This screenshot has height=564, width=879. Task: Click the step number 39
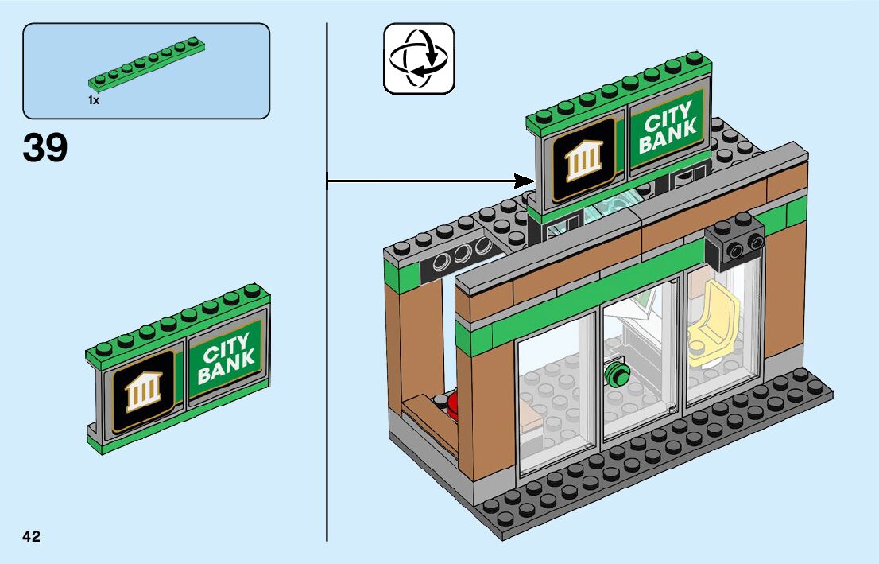[x=45, y=148]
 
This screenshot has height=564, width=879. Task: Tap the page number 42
[x=32, y=536]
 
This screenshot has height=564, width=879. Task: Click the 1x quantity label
[x=94, y=101]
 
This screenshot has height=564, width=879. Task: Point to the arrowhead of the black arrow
[x=525, y=181]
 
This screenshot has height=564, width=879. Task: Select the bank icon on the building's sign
[x=584, y=158]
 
